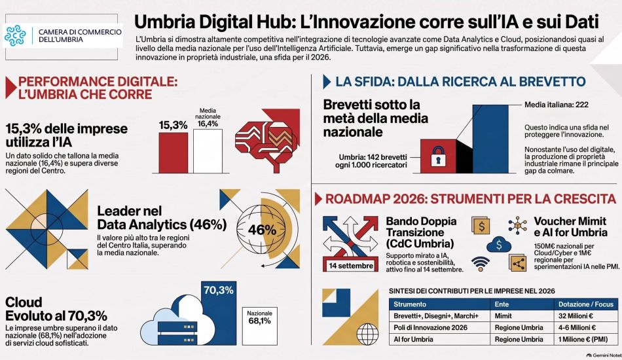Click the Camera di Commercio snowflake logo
tap(15, 36)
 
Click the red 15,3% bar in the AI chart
tap(174, 153)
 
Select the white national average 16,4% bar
tap(208, 151)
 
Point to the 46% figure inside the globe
tap(262, 230)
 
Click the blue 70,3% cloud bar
tap(219, 314)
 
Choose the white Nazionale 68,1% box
tap(260, 326)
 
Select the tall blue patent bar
tap(490, 139)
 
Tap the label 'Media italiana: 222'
tap(556, 105)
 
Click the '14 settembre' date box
tap(351, 266)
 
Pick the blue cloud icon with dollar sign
tap(499, 245)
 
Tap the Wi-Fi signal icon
tap(481, 264)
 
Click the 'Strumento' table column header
tap(410, 304)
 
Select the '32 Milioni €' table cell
tap(576, 316)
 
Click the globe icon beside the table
tap(367, 334)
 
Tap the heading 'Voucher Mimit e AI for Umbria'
tap(570, 226)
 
